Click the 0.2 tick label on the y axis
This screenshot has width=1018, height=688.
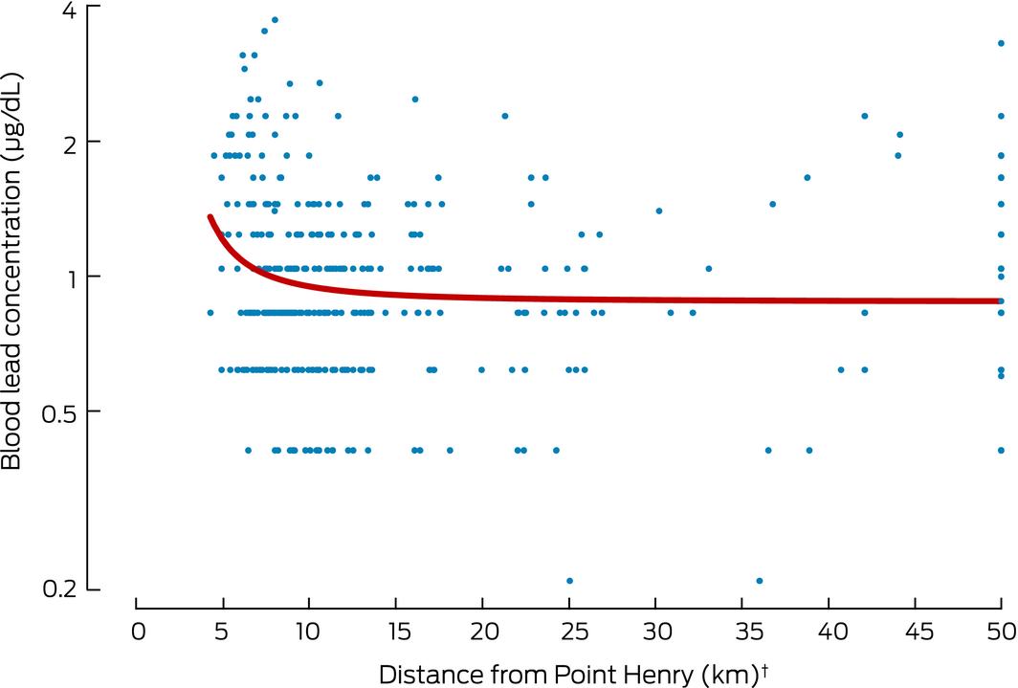tap(60, 588)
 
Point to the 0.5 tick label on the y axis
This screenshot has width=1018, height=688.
tap(60, 411)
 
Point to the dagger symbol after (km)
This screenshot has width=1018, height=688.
tap(765, 667)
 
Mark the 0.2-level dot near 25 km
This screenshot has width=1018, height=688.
tap(569, 581)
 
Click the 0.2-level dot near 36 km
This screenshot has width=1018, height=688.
tap(760, 581)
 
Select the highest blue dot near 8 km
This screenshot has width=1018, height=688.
tap(275, 19)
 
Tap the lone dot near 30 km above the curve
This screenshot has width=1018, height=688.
tap(658, 211)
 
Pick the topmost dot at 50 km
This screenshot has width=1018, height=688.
tap(1001, 43)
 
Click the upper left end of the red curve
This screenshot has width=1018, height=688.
tap(210, 217)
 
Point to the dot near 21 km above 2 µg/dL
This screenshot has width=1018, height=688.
tap(505, 116)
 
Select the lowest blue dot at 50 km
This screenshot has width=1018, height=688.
tap(1001, 450)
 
